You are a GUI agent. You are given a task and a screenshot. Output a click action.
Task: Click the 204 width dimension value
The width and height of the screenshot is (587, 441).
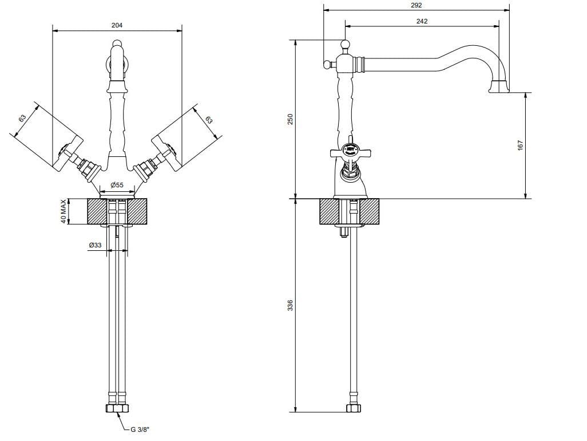coord(117,26)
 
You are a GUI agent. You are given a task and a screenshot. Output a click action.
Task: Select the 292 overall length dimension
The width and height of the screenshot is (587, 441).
coord(416,5)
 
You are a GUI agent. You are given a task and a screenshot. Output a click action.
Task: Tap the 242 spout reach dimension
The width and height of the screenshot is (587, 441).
coord(422,21)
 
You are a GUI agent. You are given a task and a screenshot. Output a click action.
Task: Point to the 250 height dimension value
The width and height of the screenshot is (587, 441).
coord(290,119)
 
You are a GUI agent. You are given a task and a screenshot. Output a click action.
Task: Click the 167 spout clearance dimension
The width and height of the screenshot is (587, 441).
coord(520,146)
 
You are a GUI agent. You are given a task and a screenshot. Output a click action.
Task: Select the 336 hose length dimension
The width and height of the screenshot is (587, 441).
coord(290,305)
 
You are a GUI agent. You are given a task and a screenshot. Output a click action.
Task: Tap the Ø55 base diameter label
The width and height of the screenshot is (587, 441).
coord(117,184)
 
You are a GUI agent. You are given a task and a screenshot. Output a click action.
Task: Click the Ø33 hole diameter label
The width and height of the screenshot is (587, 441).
coord(95,245)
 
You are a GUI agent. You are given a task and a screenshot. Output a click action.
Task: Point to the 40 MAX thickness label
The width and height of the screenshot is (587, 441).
coord(64,212)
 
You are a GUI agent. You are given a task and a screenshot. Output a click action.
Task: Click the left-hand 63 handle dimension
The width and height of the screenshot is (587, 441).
coord(22,119)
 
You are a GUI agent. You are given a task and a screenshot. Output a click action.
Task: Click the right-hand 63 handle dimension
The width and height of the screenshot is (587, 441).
coord(209,120)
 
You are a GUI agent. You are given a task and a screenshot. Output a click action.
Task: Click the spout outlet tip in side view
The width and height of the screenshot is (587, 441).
coord(500,88)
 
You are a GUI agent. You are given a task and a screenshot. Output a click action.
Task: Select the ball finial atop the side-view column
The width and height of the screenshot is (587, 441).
coord(346,44)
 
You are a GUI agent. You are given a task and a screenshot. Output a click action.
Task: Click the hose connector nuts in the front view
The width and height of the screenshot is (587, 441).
coord(117,408)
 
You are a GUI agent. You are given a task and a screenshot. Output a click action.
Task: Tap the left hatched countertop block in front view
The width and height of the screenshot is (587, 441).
coord(97,212)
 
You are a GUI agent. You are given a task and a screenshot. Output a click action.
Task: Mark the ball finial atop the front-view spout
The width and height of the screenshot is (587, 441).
coord(117,44)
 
